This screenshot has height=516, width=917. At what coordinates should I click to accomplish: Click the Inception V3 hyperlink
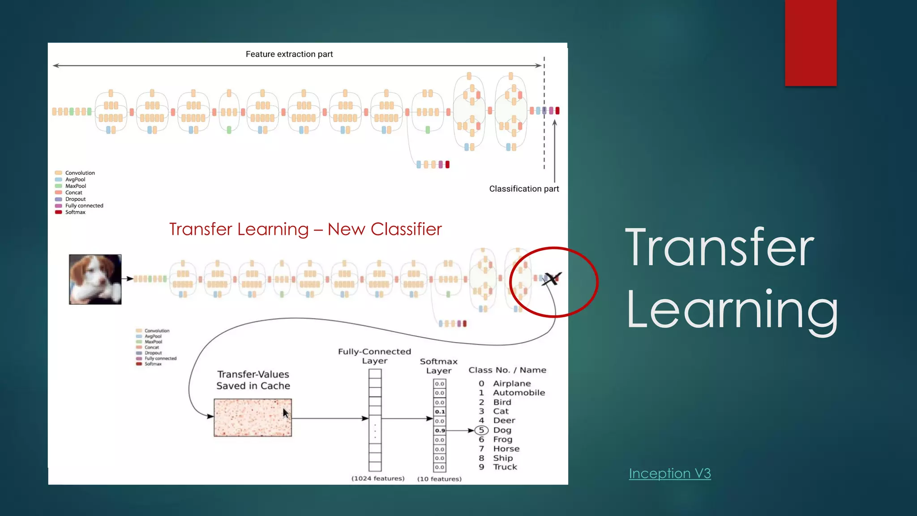[669, 473]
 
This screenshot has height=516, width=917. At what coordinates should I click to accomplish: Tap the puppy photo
[95, 279]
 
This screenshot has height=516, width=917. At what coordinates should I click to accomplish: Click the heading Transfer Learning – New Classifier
[305, 229]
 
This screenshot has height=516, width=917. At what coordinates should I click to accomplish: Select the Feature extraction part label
[289, 54]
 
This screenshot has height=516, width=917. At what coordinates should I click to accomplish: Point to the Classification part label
[524, 189]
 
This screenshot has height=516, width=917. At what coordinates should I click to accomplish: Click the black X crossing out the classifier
[552, 279]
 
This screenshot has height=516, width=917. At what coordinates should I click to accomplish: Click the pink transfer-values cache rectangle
[253, 417]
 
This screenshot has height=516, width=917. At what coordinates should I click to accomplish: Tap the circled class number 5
[481, 430]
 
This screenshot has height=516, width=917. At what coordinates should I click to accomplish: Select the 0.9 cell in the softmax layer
[440, 430]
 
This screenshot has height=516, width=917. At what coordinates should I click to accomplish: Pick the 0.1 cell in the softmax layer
[440, 412]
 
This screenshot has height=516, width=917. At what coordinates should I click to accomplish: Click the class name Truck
[505, 467]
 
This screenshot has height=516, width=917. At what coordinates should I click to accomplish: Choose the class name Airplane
[512, 383]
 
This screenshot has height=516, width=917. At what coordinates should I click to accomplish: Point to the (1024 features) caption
[378, 479]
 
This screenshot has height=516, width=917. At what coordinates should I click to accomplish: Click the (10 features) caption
[439, 479]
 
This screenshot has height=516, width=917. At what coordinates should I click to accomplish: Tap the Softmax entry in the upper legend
[75, 212]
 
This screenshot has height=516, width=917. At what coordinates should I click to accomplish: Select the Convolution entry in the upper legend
[80, 173]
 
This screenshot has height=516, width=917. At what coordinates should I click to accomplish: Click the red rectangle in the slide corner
[810, 43]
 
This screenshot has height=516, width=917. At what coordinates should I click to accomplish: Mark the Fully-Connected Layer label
[374, 356]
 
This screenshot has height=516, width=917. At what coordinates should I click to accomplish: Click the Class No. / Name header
[507, 370]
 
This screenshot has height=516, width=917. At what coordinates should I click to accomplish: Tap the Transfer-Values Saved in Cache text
[253, 380]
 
